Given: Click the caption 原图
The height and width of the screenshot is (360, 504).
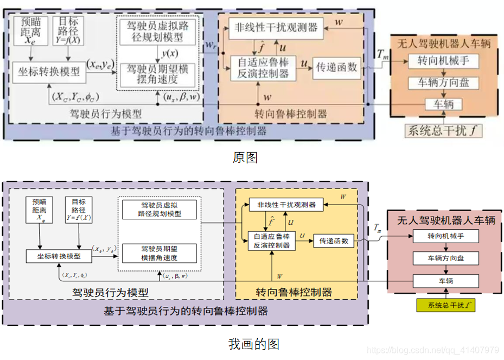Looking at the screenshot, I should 245,157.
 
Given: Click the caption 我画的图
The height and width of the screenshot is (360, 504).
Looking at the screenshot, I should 253,344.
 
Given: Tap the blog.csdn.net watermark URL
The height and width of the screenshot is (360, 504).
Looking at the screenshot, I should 432,350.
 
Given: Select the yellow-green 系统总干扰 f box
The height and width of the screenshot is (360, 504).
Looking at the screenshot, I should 444,306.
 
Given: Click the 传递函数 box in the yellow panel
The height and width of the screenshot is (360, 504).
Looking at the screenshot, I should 333,241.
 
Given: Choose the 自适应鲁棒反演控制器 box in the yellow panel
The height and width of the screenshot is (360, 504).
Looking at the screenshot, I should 272,241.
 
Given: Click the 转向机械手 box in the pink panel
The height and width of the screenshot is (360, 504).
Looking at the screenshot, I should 445,236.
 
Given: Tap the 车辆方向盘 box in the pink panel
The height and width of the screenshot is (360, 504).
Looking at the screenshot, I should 445,258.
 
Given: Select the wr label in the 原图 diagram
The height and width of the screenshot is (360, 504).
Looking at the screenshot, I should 210,46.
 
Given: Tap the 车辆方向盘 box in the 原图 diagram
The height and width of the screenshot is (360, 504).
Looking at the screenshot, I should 444,83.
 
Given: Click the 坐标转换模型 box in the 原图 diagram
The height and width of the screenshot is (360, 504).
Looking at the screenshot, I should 48,71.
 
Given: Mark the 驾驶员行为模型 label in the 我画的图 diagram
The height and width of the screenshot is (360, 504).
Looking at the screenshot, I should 110,293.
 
